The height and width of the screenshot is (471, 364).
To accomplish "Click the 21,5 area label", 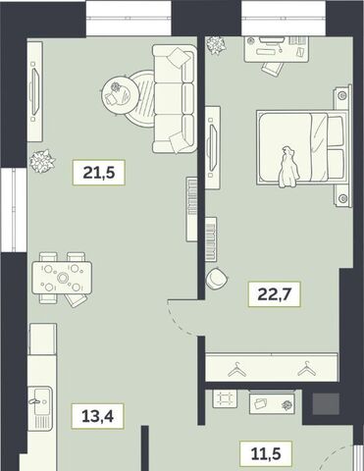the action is coord(99,173).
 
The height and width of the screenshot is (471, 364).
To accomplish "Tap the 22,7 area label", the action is coord(274,294).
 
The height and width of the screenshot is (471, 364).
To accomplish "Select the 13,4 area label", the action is coord(97,416).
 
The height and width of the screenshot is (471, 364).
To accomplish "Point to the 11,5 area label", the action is coord(266,453).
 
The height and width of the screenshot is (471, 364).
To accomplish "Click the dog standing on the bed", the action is coord(288,168).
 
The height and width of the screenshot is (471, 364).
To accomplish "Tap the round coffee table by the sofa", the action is coord(121,95).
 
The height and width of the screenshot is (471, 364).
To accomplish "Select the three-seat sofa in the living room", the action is coord(175,99).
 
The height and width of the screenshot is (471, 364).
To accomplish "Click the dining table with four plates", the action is coord(62,278).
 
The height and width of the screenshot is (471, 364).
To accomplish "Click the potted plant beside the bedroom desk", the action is coord(216,45).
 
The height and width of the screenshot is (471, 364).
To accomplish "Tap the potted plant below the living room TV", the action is coord(42,161).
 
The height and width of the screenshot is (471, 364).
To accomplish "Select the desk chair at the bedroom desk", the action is coord(272,68).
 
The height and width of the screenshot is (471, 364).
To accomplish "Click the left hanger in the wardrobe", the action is coord(237,369).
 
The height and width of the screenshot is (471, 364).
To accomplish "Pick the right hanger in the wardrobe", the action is coord(307,368).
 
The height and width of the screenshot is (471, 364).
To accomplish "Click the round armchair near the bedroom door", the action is coord(217,278).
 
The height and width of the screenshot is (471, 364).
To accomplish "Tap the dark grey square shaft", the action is coord(326,403).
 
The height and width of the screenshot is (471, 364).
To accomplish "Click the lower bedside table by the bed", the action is coord(342,195).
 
